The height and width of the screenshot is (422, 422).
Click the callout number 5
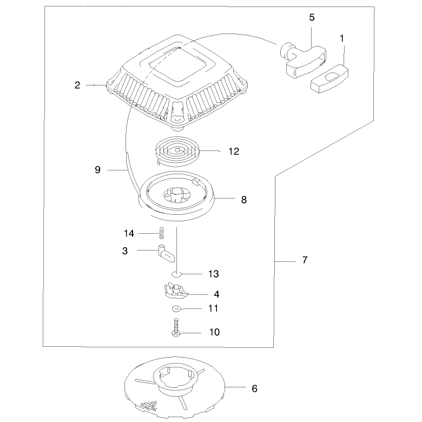[x=312, y=17]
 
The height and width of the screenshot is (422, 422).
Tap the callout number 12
[x=234, y=151]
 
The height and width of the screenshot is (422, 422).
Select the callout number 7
[x=305, y=260]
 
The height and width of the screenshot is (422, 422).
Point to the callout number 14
[x=129, y=233]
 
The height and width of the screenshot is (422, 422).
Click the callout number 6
[x=255, y=388]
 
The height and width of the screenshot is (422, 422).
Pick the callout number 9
[x=98, y=170]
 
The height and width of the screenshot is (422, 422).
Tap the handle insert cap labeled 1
[x=329, y=78]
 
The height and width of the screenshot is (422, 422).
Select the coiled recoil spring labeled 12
[x=177, y=151]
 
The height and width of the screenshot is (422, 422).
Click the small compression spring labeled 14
[x=161, y=233]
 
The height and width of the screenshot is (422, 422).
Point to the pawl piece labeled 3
[x=166, y=253]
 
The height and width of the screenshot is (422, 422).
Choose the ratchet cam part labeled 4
[x=175, y=291]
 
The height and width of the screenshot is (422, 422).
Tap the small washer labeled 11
[x=176, y=309]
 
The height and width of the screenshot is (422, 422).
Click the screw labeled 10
[x=176, y=327]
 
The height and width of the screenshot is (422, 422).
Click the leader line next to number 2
[x=96, y=85]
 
